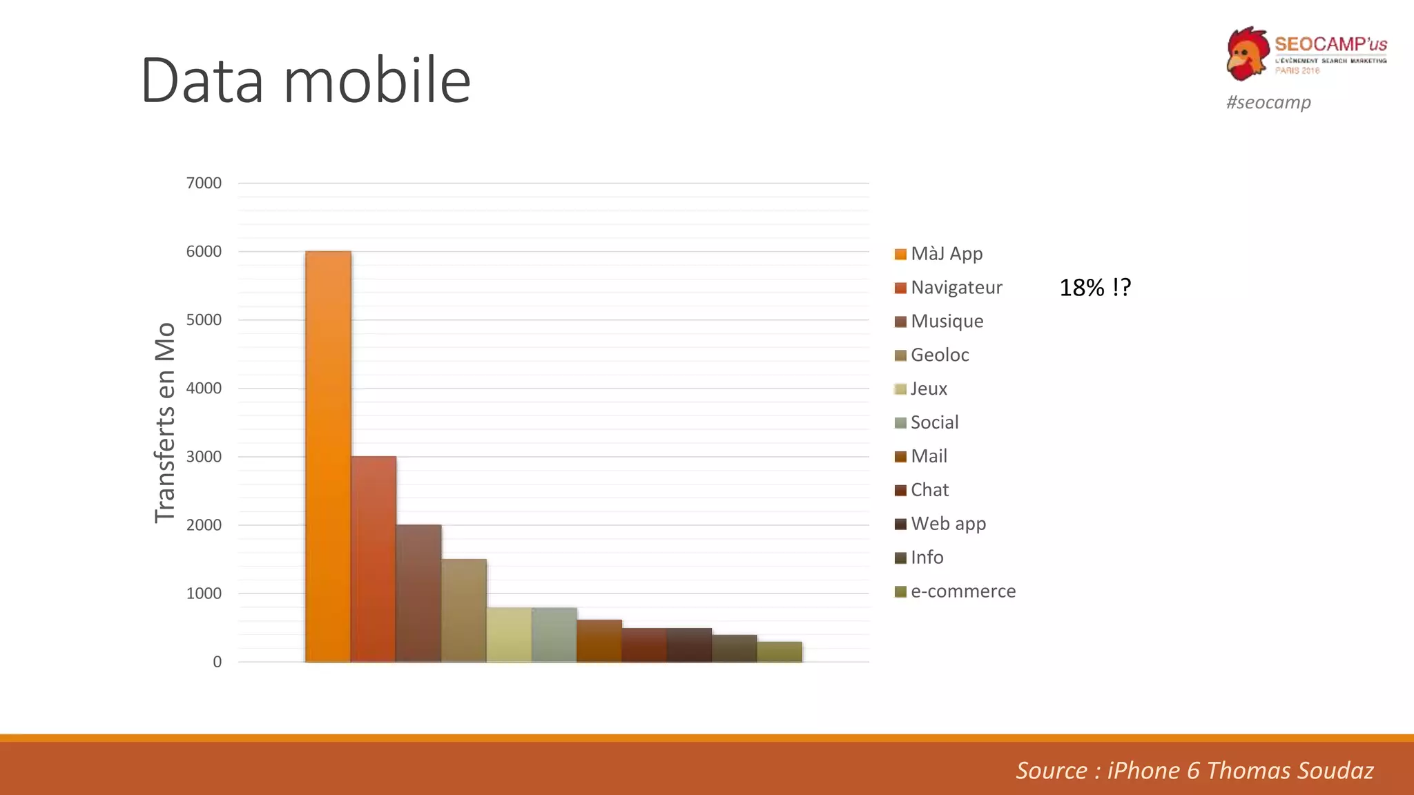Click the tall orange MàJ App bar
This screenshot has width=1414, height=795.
click(x=328, y=456)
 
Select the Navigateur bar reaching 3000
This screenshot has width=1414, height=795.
click(x=374, y=559)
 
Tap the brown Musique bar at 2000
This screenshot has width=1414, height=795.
click(x=418, y=593)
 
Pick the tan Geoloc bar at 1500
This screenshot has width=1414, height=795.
click(x=463, y=611)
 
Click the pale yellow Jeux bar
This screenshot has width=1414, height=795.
click(x=509, y=635)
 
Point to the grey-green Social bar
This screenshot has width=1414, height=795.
click(x=554, y=635)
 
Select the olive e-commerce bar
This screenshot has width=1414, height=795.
click(x=779, y=652)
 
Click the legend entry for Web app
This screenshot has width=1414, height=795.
click(x=948, y=524)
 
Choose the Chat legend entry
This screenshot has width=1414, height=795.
click(x=929, y=490)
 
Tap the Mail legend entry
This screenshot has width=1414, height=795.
click(x=929, y=456)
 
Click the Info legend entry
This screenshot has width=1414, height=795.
click(x=927, y=558)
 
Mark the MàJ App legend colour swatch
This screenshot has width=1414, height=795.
click(x=900, y=254)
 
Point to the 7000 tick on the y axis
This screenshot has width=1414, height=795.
click(x=204, y=183)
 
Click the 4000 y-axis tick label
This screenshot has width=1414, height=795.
click(x=204, y=388)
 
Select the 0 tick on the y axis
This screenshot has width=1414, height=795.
click(x=217, y=662)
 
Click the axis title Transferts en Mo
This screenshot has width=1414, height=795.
click(x=165, y=422)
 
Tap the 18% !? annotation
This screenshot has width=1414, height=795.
click(x=1095, y=287)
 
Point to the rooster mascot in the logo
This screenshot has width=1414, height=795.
click(x=1248, y=54)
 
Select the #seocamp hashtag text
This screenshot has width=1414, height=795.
click(x=1268, y=102)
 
